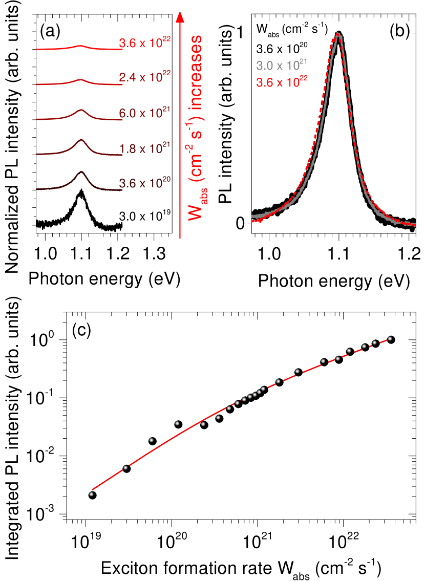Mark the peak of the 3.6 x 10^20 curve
coord(81,173)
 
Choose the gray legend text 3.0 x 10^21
coord(281,66)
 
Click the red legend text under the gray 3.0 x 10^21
coord(282,82)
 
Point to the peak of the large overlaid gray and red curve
coord(338,34)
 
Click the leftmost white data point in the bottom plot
coord(91,494)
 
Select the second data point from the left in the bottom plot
coord(125,467)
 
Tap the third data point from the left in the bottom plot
coord(151,440)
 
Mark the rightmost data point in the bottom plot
coord(390,338)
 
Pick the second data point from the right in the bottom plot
coord(374,342)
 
